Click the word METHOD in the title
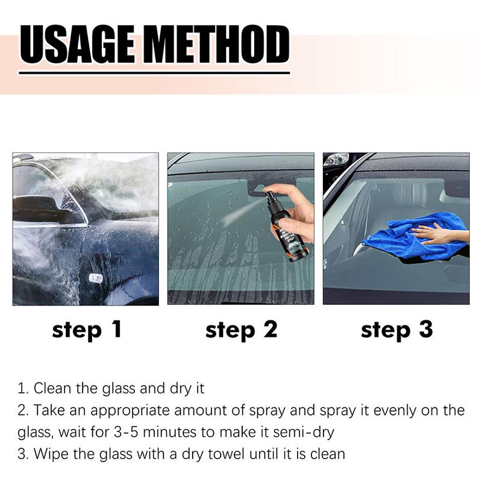[x=221, y=45]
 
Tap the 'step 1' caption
[x=87, y=330]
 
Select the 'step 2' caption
[x=241, y=330]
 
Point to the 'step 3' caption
[x=396, y=330]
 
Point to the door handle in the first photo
[x=95, y=278]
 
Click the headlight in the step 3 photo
[x=336, y=160]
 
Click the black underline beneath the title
[x=154, y=73]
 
